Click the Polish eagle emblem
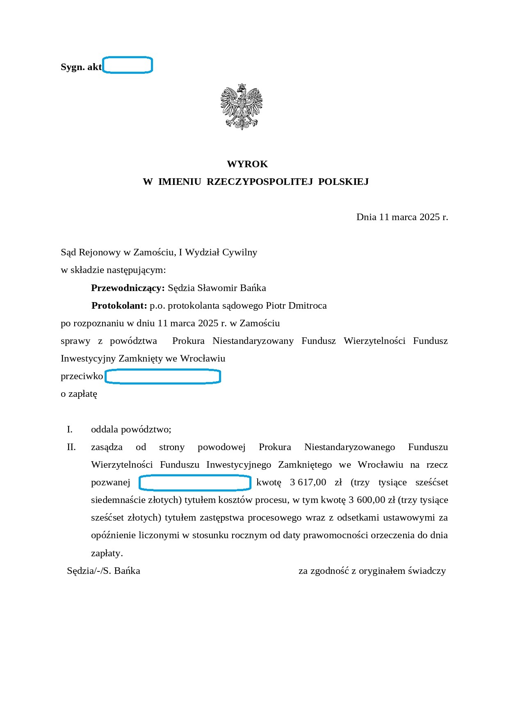(x=241, y=107)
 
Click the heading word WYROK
(x=247, y=164)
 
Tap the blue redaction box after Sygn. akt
(x=128, y=65)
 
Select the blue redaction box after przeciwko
(x=163, y=376)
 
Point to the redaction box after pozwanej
(x=195, y=482)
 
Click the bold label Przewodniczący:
(x=128, y=288)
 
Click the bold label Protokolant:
(x=119, y=305)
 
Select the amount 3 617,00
(x=308, y=482)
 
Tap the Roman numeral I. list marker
(x=70, y=430)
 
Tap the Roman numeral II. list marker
(x=71, y=447)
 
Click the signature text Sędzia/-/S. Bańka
(x=104, y=571)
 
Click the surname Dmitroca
(x=308, y=305)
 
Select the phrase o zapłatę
(x=79, y=394)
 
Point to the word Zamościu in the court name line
(x=155, y=252)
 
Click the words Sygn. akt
(x=81, y=67)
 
